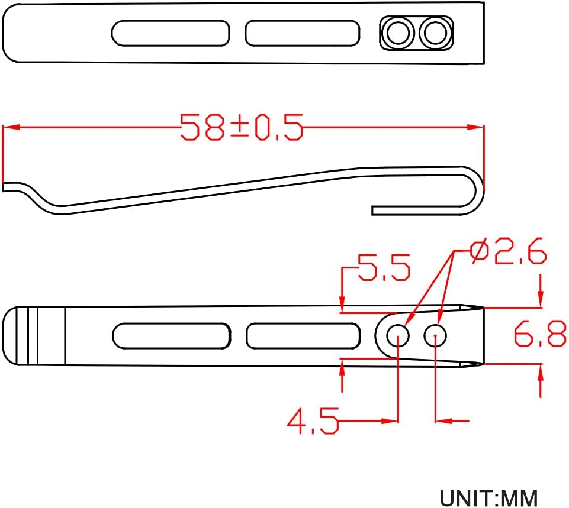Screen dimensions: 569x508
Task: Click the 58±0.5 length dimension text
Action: [x=242, y=127]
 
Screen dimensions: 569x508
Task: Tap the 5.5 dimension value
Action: [x=384, y=267]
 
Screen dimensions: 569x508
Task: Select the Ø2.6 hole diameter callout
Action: [x=508, y=251]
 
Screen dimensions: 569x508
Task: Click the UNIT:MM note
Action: [x=489, y=499]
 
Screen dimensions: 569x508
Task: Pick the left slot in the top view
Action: [x=170, y=33]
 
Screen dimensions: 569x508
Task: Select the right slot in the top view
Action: [x=303, y=33]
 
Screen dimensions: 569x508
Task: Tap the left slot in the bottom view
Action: [x=171, y=336]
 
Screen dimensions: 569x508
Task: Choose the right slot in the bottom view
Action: [x=303, y=336]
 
